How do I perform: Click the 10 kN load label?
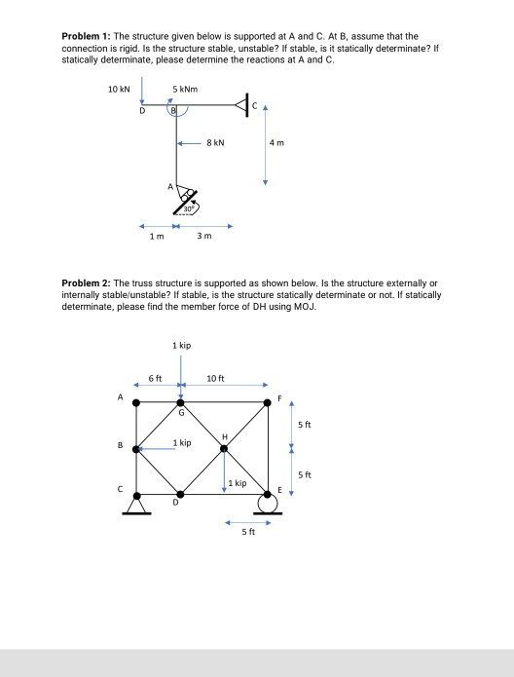(x=118, y=89)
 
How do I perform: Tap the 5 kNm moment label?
(x=184, y=89)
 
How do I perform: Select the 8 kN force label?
(x=216, y=142)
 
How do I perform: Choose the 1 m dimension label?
(x=157, y=235)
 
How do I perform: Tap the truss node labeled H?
(x=224, y=448)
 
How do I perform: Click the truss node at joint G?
(x=180, y=400)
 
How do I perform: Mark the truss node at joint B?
(x=137, y=448)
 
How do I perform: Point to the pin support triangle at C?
(x=137, y=505)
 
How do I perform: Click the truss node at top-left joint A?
(x=137, y=400)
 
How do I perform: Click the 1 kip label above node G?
(x=181, y=346)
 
